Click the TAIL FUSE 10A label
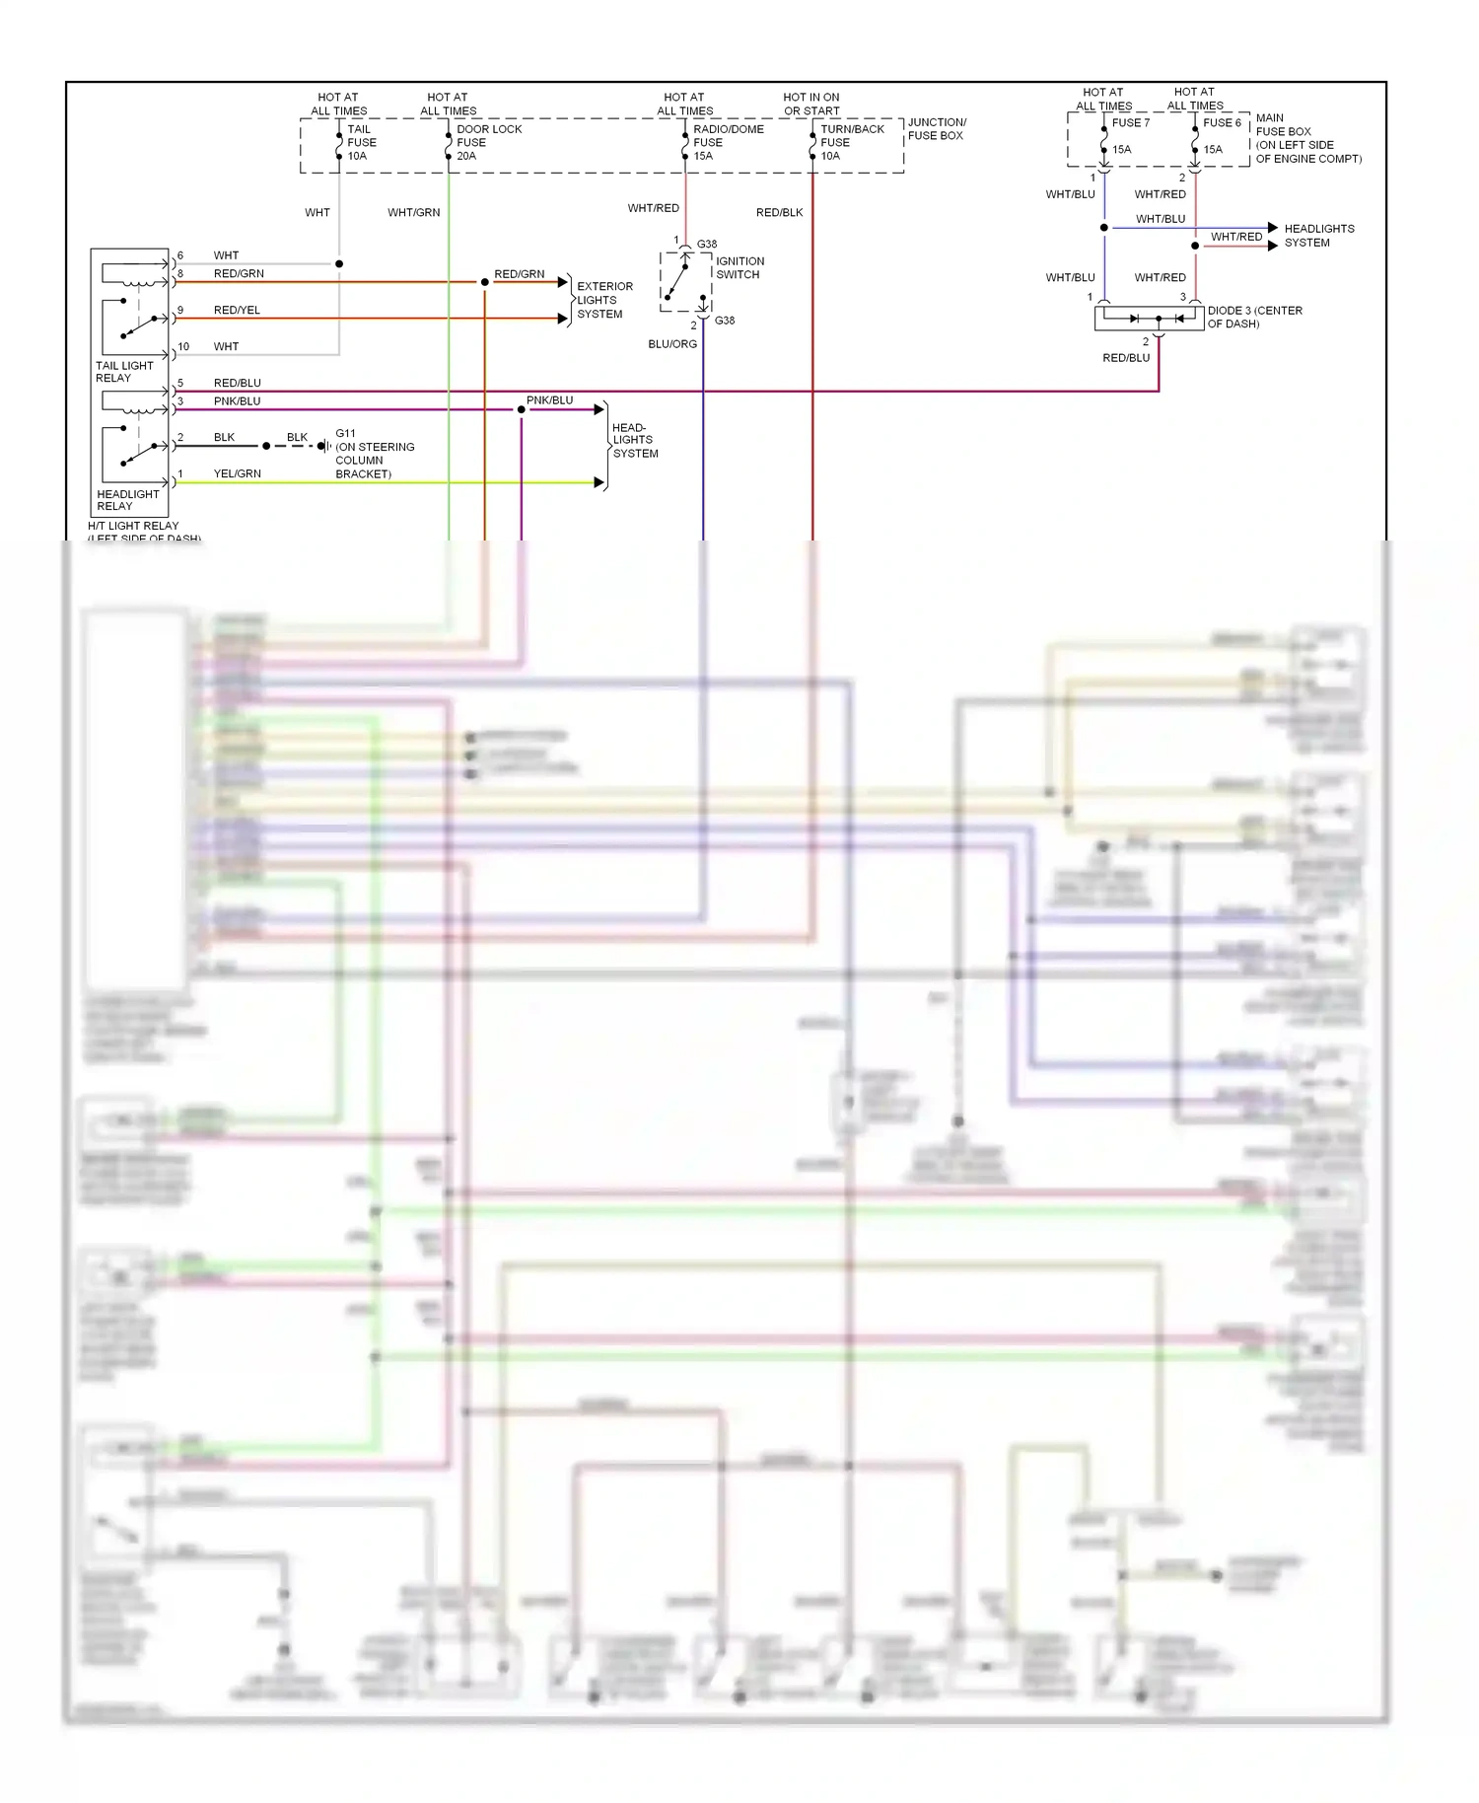361,142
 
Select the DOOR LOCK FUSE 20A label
488,142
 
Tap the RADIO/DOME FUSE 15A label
728,142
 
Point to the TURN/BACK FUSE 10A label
852,142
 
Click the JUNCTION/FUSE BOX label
936,129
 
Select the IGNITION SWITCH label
739,267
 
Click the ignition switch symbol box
685,281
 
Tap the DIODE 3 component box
1149,319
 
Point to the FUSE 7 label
1131,123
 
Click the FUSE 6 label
1222,123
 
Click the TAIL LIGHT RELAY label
124,372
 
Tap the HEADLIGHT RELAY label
127,500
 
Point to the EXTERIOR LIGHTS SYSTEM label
604,300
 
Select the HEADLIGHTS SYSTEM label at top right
1318,236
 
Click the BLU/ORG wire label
672,344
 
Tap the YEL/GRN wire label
237,473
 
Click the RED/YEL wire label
237,310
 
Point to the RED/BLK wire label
779,212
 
